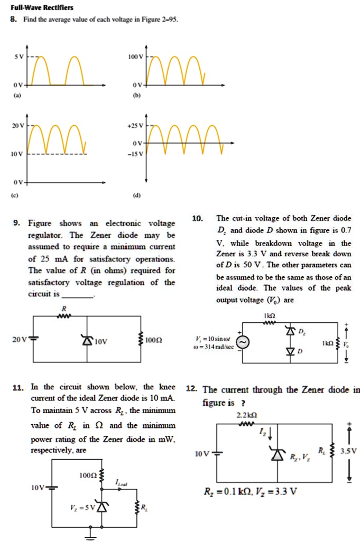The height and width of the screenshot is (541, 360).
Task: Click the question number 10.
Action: coord(197,218)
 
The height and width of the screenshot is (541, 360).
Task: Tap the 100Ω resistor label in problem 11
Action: coord(87,475)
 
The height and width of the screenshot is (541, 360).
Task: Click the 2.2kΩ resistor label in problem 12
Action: coord(247,415)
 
